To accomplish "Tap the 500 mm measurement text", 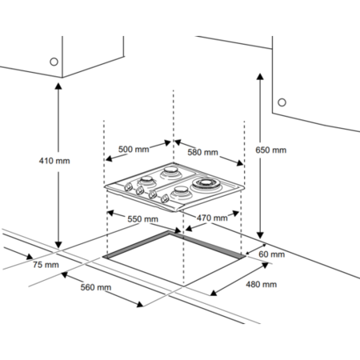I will pyautogui.click(x=134, y=150).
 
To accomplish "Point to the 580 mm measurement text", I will pyautogui.click(x=202, y=152).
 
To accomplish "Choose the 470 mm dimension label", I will pyautogui.click(x=210, y=217).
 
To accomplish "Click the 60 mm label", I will pyautogui.click(x=273, y=254).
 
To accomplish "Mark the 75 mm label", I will pyautogui.click(x=46, y=265).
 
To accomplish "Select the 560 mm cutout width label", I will pyautogui.click(x=95, y=288).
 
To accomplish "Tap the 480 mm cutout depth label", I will pyautogui.click(x=261, y=284).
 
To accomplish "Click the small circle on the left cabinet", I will pyautogui.click(x=54, y=61).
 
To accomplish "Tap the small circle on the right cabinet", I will pyautogui.click(x=282, y=102).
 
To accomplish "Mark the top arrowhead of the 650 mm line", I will pyautogui.click(x=260, y=74).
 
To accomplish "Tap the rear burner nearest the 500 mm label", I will pyautogui.click(x=171, y=173).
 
